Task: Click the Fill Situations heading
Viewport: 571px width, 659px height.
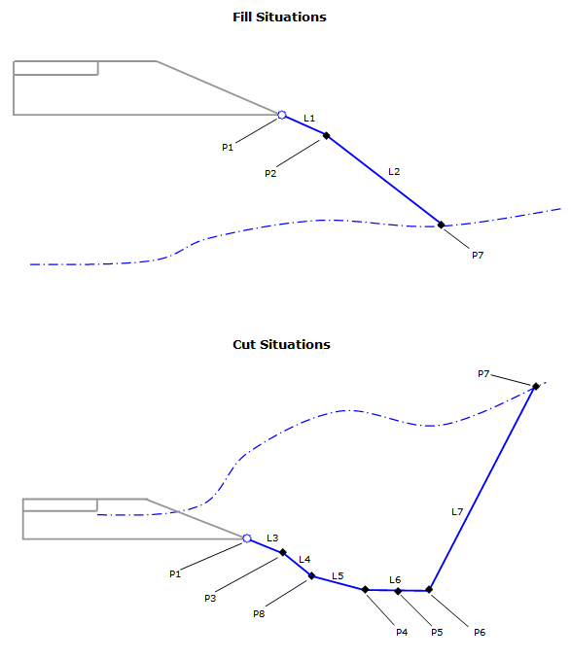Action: (279, 17)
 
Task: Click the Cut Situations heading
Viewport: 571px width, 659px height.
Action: (281, 345)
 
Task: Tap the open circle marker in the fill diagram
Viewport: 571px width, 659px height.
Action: (282, 115)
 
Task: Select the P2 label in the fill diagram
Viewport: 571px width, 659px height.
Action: (270, 174)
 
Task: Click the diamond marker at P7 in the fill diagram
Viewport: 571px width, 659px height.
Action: (441, 225)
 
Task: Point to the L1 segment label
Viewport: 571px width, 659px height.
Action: (309, 119)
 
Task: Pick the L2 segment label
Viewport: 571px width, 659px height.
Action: (394, 171)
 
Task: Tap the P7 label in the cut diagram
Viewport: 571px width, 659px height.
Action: (483, 373)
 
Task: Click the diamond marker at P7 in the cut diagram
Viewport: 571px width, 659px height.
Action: (536, 386)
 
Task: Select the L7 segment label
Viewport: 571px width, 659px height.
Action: (457, 512)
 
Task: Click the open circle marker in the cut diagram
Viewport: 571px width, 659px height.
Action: (247, 538)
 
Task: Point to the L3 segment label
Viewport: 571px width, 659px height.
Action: (272, 538)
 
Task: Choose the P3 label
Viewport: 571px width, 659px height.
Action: (210, 598)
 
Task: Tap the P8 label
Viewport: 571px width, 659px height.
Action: (259, 614)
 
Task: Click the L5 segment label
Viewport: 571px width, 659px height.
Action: (338, 575)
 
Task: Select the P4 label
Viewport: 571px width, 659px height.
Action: (402, 633)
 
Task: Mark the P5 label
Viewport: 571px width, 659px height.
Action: (437, 633)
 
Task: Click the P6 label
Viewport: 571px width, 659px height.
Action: (480, 633)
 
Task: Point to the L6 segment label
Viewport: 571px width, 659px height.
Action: (395, 580)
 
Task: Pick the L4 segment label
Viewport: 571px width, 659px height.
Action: (304, 560)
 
